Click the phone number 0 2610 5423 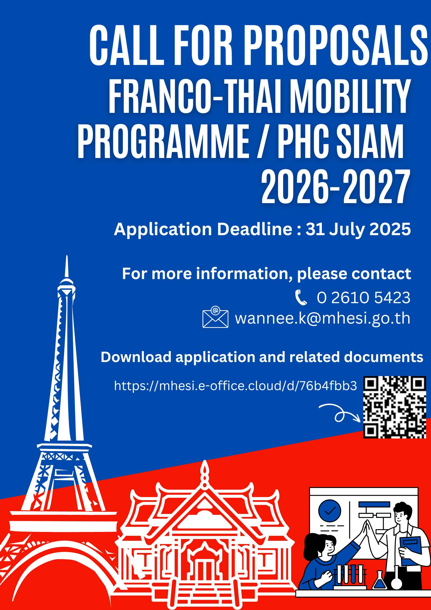[x=363, y=297]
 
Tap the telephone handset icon [x=301, y=298]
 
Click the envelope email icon [x=215, y=317]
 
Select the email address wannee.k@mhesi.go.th [x=322, y=318]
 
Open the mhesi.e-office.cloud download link [x=235, y=386]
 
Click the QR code [x=394, y=407]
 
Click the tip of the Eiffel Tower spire [x=66, y=256]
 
